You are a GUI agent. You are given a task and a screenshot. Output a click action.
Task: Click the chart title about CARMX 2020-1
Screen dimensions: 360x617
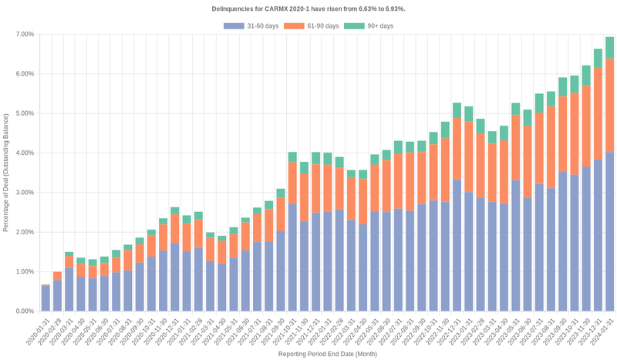click(308, 8)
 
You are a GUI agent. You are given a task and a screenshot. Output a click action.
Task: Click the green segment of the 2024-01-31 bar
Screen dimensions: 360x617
click(609, 48)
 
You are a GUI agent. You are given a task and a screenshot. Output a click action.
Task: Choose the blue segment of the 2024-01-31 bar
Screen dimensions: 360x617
click(609, 231)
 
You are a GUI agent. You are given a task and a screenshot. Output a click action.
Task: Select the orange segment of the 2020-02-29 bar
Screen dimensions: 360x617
click(58, 276)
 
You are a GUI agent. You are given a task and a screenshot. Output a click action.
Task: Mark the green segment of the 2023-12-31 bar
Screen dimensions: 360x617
click(598, 59)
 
